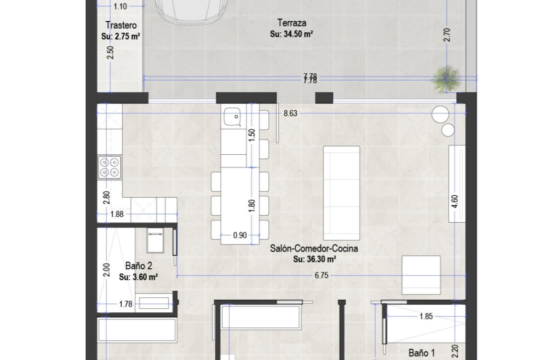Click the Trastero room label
pos(121,25)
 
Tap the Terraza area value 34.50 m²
pos(292,34)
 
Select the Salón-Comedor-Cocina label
pos(315,248)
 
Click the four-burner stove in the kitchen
pos(110,167)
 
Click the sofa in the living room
pos(342,194)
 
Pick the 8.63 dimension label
pos(290,114)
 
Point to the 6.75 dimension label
pos(321,276)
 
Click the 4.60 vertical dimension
pos(456,200)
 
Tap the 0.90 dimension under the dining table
pos(240,234)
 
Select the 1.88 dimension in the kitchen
pos(117,214)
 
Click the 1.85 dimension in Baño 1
pos(426,316)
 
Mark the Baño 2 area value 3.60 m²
pos(138,277)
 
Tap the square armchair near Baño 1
pos(421,274)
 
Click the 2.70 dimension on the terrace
pos(447,35)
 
